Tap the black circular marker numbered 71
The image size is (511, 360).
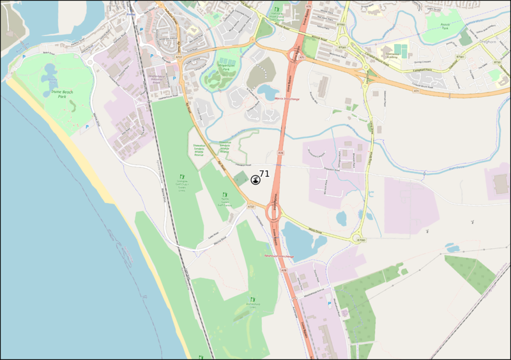[x=256, y=181]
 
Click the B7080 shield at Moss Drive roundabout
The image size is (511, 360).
[x=362, y=240]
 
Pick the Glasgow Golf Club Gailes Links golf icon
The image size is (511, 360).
[x=182, y=177]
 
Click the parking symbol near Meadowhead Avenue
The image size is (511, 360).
[x=329, y=304]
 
